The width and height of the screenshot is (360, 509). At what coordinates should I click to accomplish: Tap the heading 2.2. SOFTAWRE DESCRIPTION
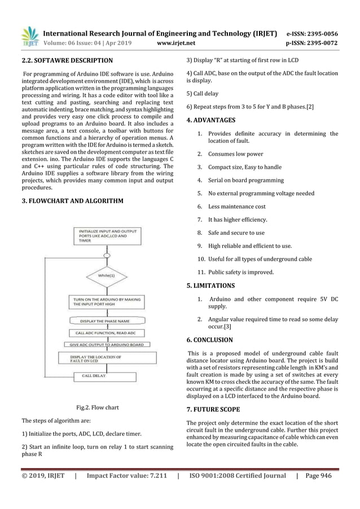coord(67,60)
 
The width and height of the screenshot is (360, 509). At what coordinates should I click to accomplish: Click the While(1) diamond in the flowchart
coord(108,275)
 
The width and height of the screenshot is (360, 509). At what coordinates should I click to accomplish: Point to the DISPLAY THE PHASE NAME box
coord(108,321)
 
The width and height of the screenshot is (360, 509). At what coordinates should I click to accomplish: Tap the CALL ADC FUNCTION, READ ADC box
coord(108,332)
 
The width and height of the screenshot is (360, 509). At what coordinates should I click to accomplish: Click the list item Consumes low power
coord(230,153)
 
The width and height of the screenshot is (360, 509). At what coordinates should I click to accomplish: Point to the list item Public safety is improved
coord(239,272)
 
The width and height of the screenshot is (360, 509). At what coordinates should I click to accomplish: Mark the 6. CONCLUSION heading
coord(209,340)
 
